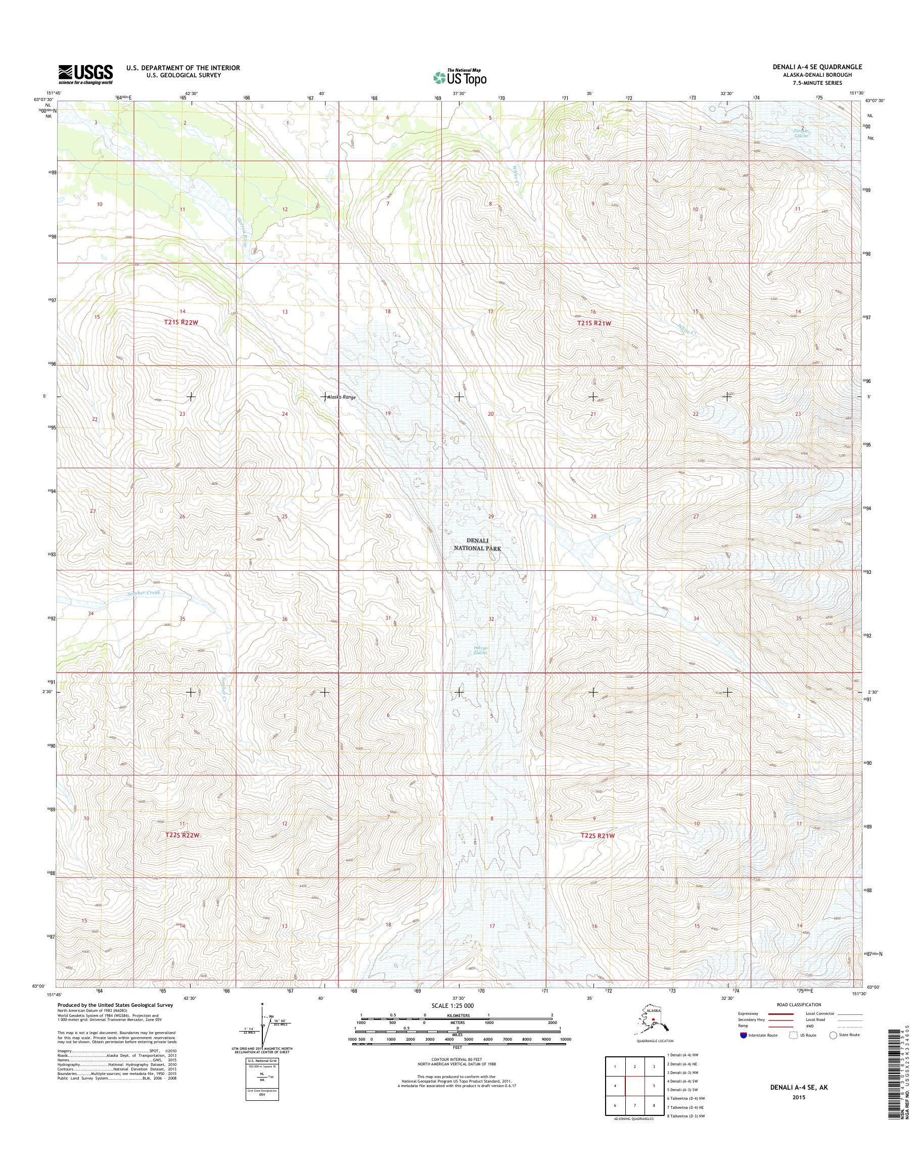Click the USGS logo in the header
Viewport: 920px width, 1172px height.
(85, 74)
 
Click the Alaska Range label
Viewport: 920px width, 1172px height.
(342, 397)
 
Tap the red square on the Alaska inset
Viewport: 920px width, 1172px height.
(654, 1019)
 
